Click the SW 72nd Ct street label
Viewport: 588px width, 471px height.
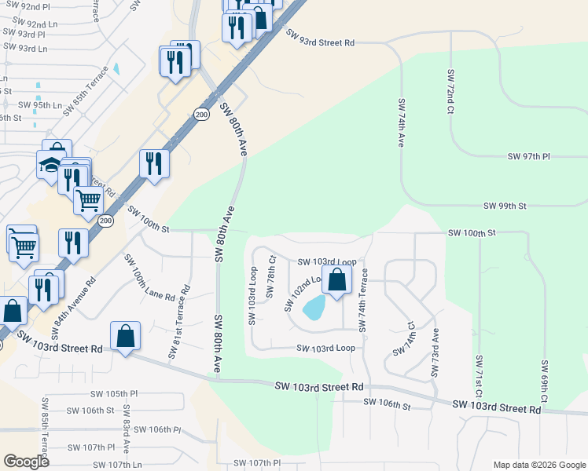pyautogui.click(x=451, y=92)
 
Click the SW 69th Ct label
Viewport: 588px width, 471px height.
pyautogui.click(x=543, y=379)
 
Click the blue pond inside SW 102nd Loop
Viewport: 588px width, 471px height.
pyautogui.click(x=314, y=307)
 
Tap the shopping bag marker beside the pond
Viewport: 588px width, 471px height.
pyautogui.click(x=337, y=280)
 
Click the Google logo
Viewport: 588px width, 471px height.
pyautogui.click(x=25, y=462)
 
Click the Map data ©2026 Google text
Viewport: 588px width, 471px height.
pyautogui.click(x=538, y=465)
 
